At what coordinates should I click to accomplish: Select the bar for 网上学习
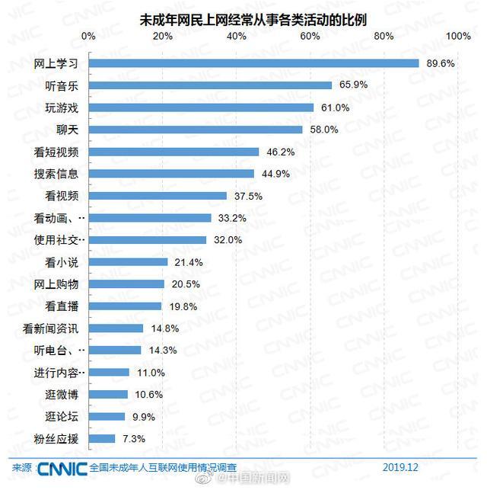[253, 63]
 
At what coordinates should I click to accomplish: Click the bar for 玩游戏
[201, 107]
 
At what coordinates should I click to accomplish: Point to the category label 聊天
[67, 130]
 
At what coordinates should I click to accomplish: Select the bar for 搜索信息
[171, 174]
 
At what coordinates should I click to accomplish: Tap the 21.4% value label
[187, 262]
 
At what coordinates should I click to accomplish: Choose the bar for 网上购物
[126, 284]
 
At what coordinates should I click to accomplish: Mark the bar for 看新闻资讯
[116, 328]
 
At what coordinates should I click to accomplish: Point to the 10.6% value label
[147, 395]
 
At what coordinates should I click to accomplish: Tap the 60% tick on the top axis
[310, 36]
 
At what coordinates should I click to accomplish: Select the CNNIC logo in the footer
[62, 467]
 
